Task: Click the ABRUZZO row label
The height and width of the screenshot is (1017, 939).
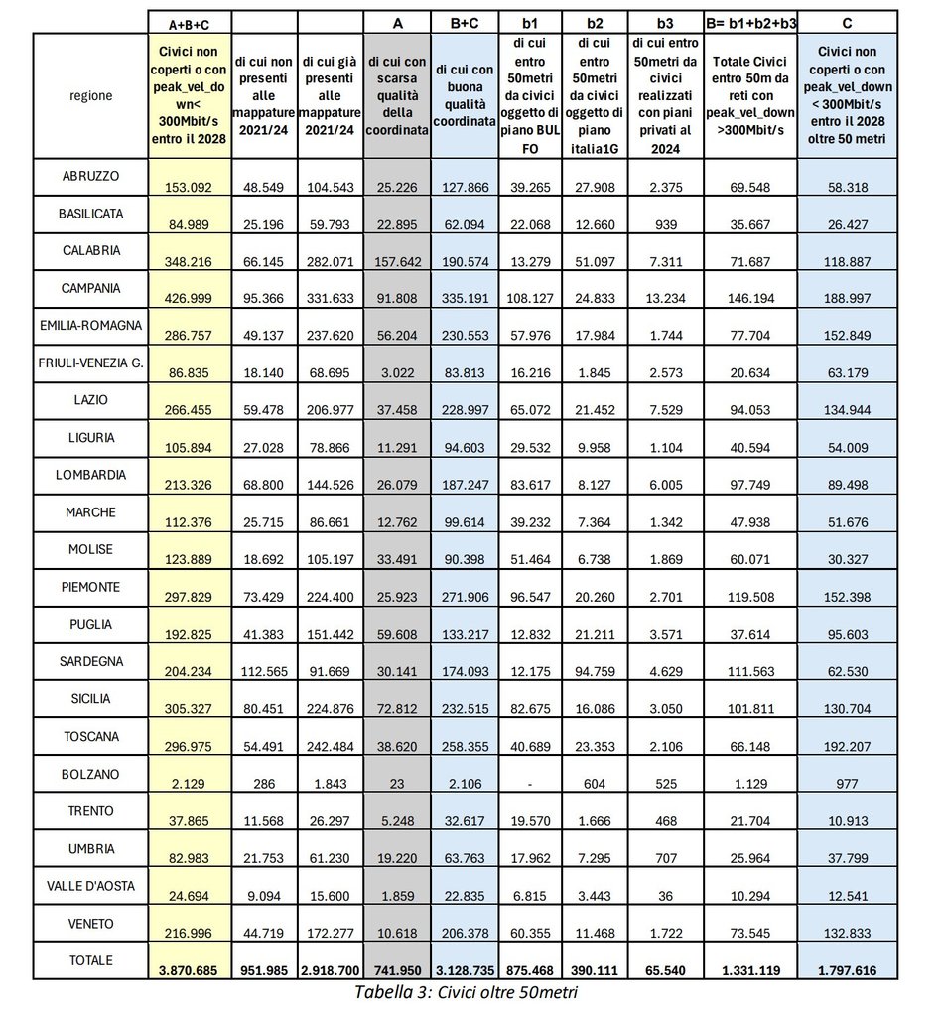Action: (90, 176)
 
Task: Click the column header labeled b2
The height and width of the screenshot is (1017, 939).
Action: (595, 21)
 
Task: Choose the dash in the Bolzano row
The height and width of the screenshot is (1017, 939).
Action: (528, 784)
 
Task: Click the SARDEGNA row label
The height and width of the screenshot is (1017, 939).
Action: (90, 661)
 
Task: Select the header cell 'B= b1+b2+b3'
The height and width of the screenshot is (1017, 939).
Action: (749, 21)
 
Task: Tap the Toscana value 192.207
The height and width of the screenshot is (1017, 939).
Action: (848, 746)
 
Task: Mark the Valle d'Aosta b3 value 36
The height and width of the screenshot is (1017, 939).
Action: (664, 896)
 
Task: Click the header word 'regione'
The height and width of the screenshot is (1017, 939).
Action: (90, 96)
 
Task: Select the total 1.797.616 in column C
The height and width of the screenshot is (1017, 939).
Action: (848, 970)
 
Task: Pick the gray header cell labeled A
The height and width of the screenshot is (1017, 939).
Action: (397, 21)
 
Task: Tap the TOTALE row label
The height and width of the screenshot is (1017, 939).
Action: (90, 960)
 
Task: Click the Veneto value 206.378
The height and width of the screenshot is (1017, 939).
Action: (464, 934)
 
